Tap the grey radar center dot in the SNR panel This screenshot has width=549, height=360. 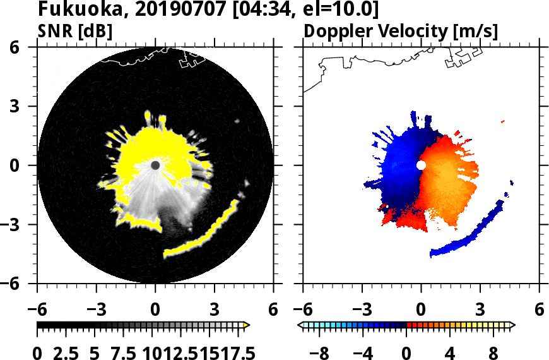[x=155, y=165]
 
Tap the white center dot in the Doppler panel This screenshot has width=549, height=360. [x=421, y=165]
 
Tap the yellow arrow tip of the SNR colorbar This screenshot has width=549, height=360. [x=247, y=325]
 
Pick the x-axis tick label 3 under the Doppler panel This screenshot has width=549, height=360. [x=480, y=310]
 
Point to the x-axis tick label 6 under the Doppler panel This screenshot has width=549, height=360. [x=539, y=310]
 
